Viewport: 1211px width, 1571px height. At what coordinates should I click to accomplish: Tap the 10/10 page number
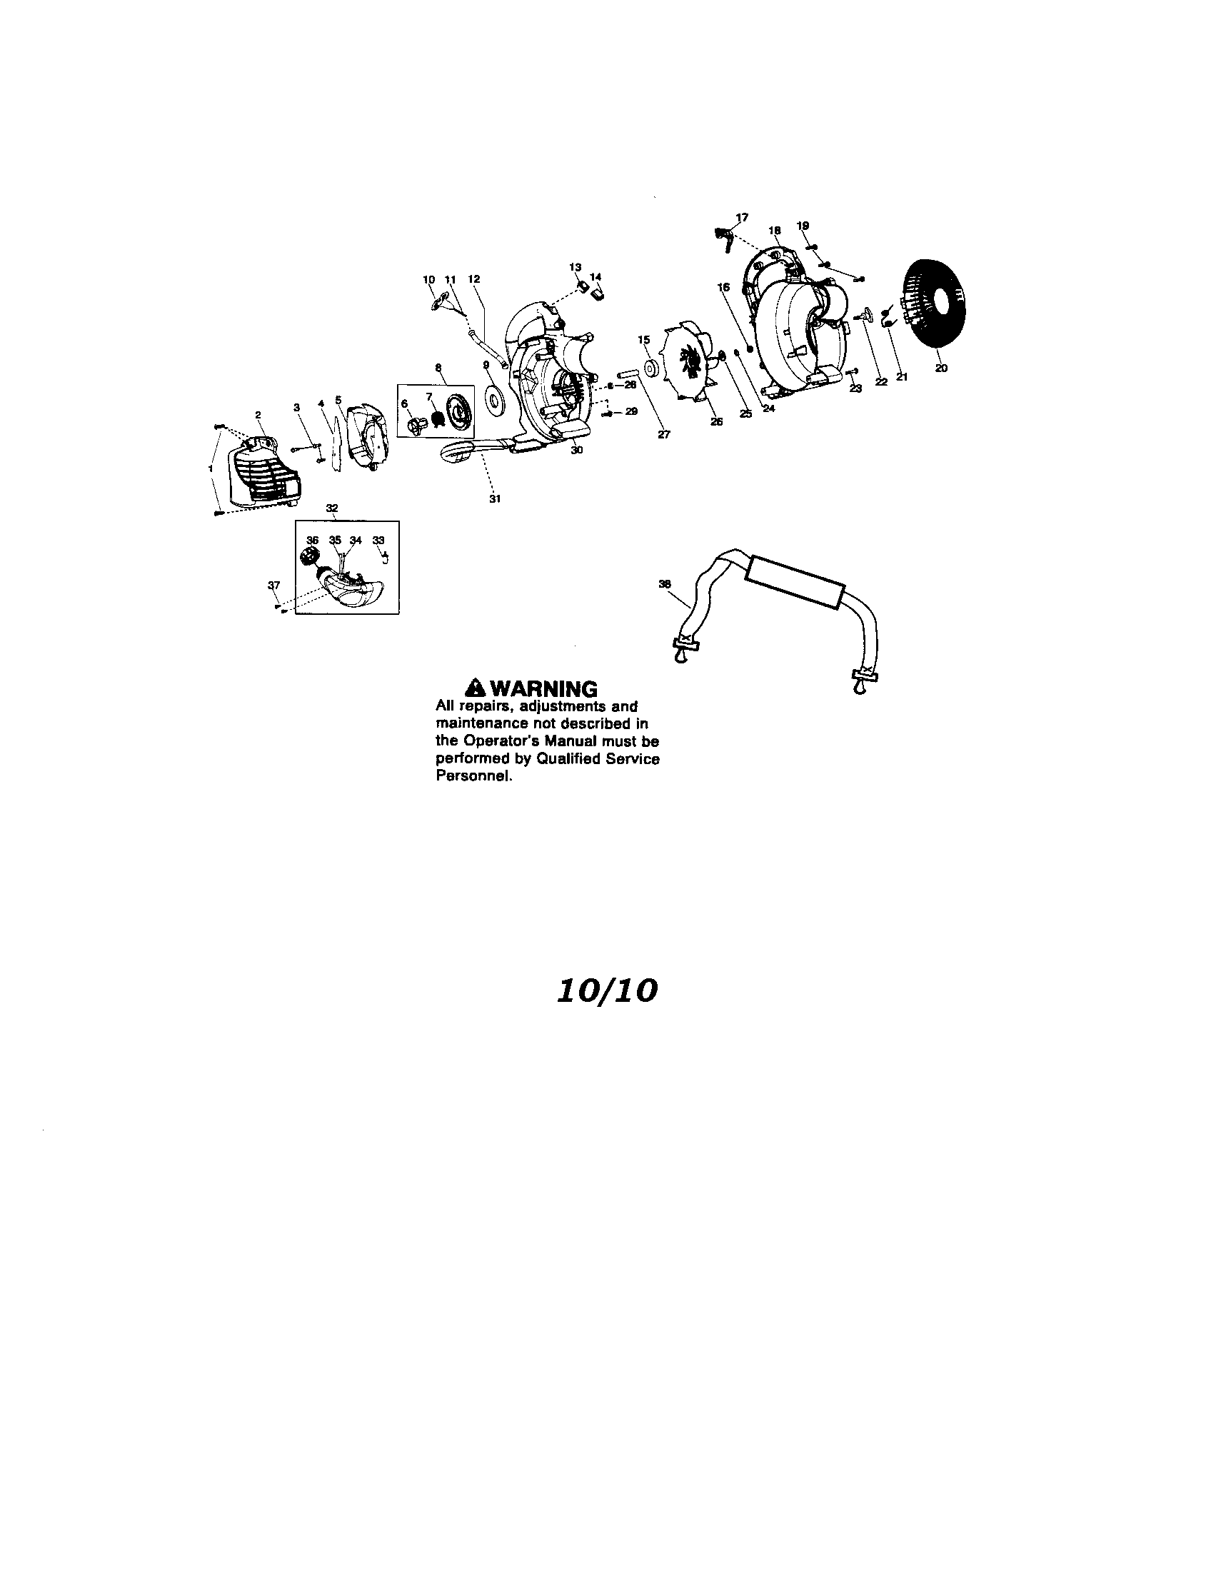(x=605, y=991)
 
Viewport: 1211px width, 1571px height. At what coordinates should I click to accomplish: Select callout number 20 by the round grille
(x=941, y=368)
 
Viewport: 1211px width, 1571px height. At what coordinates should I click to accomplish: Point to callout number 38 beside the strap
(x=665, y=584)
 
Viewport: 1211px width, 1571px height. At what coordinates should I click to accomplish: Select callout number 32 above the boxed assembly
(x=332, y=508)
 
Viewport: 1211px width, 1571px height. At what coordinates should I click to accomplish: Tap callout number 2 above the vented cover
(x=258, y=414)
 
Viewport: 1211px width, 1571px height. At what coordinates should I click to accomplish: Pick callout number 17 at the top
(x=742, y=216)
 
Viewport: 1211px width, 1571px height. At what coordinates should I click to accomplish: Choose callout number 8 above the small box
(x=438, y=367)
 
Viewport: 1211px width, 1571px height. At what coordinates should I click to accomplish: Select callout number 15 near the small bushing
(x=643, y=338)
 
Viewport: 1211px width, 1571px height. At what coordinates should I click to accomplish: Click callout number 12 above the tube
(x=474, y=278)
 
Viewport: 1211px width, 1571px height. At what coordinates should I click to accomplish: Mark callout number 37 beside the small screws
(x=273, y=585)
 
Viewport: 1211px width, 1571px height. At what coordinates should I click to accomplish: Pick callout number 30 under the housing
(x=576, y=450)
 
